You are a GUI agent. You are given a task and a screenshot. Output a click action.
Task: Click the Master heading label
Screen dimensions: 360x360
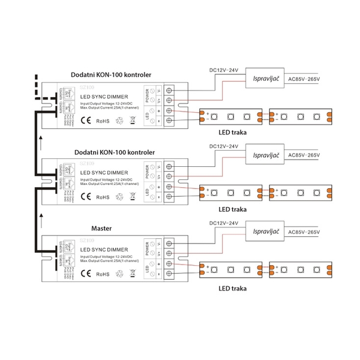[x=103, y=229]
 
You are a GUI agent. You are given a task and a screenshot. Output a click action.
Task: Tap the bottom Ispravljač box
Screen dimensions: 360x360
[x=266, y=232]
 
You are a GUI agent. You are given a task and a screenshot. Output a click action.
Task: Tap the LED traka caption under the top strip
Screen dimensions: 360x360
[x=233, y=133]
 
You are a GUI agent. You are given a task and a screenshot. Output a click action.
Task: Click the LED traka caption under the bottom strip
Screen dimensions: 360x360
[x=233, y=287]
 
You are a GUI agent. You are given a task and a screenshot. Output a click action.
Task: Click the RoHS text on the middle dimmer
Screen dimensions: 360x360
[x=103, y=196]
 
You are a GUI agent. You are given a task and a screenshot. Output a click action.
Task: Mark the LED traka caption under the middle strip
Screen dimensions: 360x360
[x=233, y=209]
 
